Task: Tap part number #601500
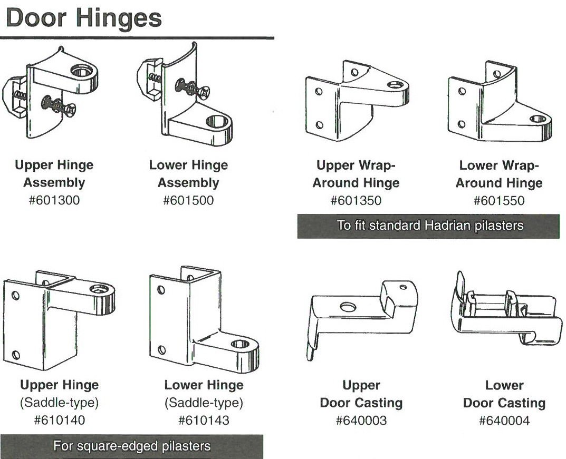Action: pos(188,201)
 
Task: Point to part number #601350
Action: pos(356,201)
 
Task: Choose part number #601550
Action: pos(498,201)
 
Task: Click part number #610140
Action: pos(59,421)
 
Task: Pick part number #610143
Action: pos(204,421)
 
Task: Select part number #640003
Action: pos(361,421)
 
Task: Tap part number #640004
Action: pos(504,421)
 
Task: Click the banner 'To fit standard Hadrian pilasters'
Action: pos(428,226)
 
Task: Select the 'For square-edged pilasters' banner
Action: pos(131,446)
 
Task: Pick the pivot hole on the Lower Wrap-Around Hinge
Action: pos(538,118)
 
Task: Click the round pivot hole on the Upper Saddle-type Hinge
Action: pos(99,289)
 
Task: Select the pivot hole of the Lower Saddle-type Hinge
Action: pos(240,344)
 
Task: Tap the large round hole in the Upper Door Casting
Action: pos(348,307)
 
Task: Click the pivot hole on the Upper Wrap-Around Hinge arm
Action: pos(395,84)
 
